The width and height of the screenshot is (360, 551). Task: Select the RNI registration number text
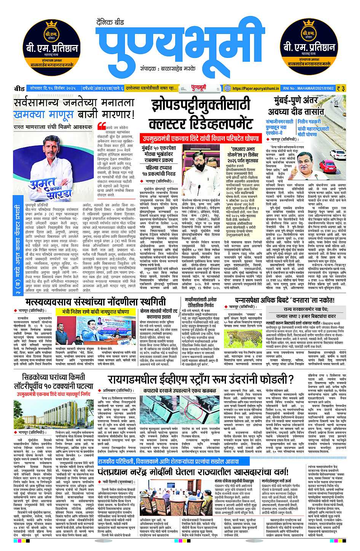click(x=314, y=88)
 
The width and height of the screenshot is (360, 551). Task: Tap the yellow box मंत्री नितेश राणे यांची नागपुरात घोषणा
click(x=96, y=311)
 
